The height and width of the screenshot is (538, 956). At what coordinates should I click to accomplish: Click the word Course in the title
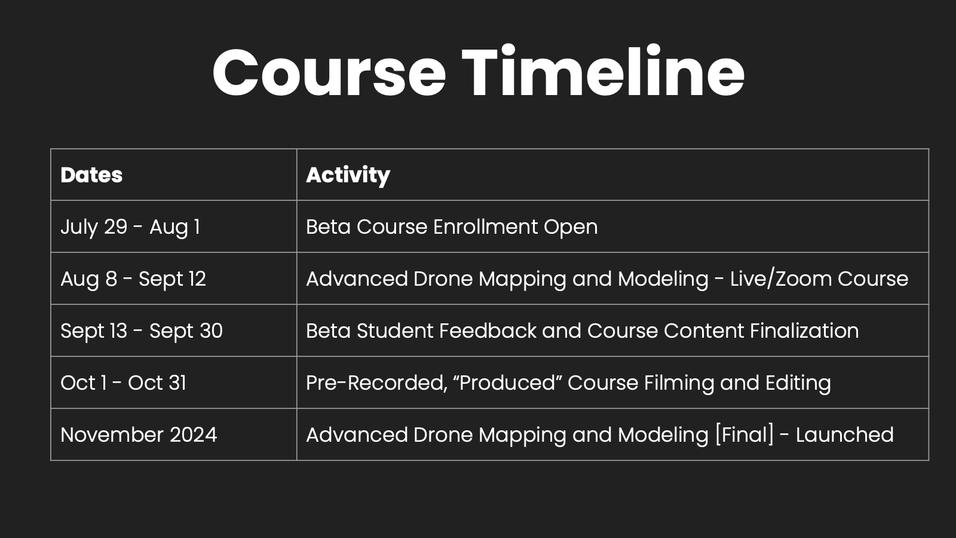(x=329, y=72)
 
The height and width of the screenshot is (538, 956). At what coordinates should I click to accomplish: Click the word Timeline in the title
(x=603, y=71)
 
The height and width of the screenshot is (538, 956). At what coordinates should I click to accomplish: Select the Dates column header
(x=91, y=175)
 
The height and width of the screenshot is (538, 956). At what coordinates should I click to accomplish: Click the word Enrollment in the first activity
(x=485, y=227)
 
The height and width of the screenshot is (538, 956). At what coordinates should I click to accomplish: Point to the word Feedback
(x=488, y=331)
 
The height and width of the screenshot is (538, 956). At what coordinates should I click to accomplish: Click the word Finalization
(x=804, y=331)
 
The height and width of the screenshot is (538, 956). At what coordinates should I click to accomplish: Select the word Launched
(x=845, y=435)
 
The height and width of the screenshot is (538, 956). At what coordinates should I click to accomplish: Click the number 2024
(x=194, y=435)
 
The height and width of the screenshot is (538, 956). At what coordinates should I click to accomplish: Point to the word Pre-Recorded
(x=377, y=383)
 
